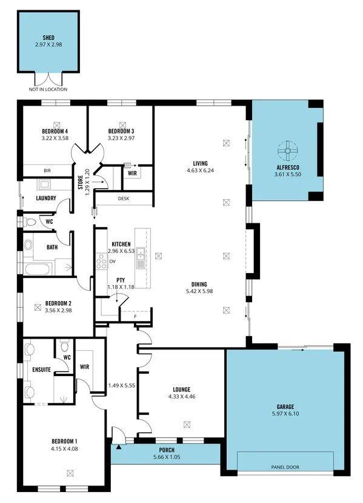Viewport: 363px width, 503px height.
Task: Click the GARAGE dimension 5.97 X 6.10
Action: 286,415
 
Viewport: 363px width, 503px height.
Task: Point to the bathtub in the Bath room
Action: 38,268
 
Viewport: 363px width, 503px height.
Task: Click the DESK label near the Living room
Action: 124,198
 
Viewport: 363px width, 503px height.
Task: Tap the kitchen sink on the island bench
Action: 140,257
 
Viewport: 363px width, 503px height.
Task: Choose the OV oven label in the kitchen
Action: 112,262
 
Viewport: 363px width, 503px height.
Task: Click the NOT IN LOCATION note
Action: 48,89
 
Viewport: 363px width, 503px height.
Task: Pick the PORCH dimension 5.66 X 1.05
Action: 167,456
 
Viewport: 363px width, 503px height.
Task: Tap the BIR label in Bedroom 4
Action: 47,170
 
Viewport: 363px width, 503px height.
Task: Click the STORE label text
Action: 80,181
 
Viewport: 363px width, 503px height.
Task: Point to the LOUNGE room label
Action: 181,390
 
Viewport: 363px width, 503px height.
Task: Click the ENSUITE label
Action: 41,369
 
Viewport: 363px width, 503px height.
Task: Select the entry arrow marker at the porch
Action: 119,447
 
